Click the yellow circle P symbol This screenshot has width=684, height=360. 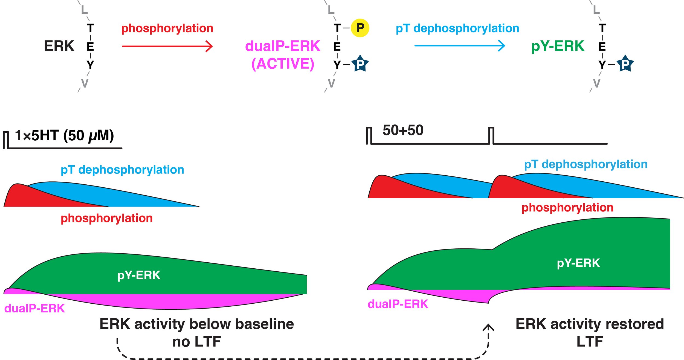pos(360,28)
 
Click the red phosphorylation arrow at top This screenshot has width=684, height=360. pos(167,46)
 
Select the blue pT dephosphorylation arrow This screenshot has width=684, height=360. pos(460,45)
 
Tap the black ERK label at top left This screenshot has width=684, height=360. pos(59,46)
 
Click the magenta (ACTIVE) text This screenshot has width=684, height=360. pos(283,64)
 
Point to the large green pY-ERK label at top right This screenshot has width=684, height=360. pos(558,46)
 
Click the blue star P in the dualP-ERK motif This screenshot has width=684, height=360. pos(360,64)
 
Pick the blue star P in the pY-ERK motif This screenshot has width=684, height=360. pos(625,64)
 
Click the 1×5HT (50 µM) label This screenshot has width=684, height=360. pos(64,135)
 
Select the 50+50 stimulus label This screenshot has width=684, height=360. pos(403,130)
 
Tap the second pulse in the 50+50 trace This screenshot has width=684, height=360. pos(491,135)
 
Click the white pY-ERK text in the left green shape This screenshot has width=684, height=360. pos(139,275)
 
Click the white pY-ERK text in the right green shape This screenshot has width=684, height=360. pos(578,263)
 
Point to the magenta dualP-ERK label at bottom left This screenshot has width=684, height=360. pos(34,309)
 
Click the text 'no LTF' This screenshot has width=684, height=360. pos(196,342)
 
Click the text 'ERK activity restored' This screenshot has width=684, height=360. pos(590,324)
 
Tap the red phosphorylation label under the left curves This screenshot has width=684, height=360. pos(106,218)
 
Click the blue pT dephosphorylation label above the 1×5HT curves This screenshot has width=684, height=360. pos(122,170)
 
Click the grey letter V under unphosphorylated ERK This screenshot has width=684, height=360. pos(85,83)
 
